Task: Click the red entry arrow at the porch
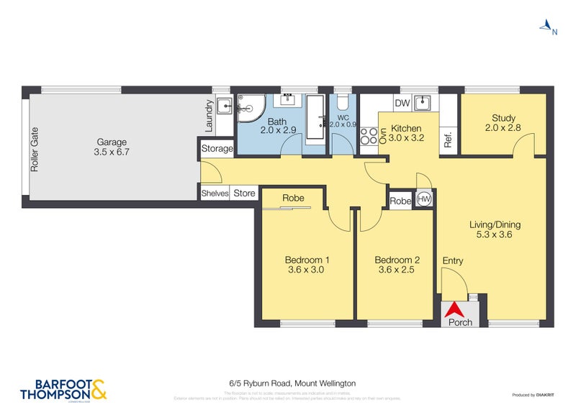454,309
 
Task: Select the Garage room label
109,147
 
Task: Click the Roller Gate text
34,150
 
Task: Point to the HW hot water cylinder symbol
424,201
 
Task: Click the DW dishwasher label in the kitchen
402,104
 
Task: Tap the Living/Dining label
495,229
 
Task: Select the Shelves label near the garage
215,193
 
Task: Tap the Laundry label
209,115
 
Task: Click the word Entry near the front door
453,260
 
